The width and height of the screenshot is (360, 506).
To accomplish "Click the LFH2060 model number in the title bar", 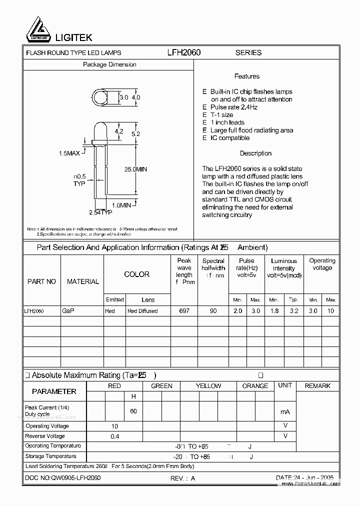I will (184, 52).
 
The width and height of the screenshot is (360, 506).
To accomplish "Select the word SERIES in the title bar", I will (248, 52).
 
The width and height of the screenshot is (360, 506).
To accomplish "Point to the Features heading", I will (246, 76).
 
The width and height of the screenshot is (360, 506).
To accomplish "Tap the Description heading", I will (255, 153).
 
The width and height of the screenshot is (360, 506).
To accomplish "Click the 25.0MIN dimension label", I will (135, 169).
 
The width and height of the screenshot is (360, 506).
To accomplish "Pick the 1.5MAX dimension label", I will (69, 153).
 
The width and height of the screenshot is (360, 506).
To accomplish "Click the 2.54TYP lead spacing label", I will (100, 212).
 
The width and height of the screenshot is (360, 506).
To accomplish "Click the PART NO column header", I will (41, 281).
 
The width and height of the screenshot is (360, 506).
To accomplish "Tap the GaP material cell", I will (68, 310).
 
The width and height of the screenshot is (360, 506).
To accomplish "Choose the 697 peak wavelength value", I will (184, 310).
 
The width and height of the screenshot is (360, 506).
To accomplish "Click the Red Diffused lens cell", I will (142, 311).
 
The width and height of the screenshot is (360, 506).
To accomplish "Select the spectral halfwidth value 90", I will (213, 310).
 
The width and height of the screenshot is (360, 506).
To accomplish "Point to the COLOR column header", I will (136, 274).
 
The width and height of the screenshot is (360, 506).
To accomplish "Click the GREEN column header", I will (161, 386).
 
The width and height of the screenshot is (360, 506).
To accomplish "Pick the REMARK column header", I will (317, 386).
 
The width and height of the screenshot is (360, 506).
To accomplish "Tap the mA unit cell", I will (285, 411).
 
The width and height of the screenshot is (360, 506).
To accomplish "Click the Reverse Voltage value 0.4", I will (115, 436).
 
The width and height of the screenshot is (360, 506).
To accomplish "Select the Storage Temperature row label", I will (51, 456).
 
